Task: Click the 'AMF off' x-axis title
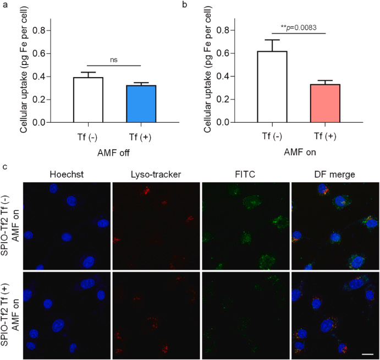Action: point(111,151)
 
